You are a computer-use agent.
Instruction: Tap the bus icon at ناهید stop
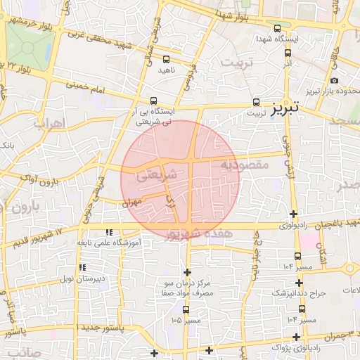click(x=167, y=60)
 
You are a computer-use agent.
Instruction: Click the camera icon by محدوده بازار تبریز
click(x=334, y=81)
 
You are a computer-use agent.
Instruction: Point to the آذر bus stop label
click(x=287, y=63)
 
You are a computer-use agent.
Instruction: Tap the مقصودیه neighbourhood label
click(x=245, y=165)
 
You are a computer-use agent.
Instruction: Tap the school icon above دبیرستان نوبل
click(x=83, y=267)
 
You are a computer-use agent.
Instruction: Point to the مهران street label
click(x=132, y=202)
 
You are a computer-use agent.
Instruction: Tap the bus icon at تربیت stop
click(x=256, y=101)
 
